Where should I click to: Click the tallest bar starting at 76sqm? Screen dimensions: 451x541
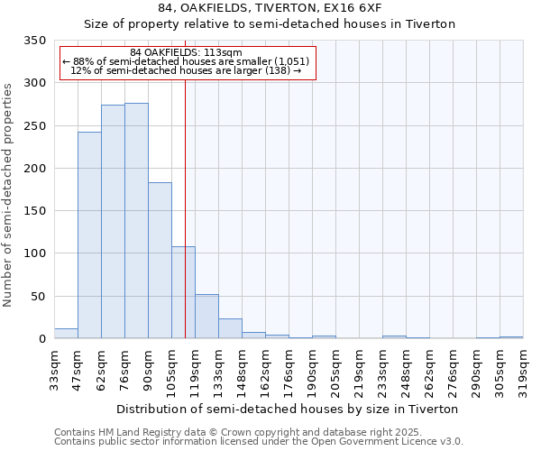click(x=136, y=221)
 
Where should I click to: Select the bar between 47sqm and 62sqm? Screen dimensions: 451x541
click(x=89, y=235)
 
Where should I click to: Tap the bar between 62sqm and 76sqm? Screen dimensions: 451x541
click(x=113, y=222)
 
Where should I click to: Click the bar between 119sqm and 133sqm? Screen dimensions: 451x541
click(x=206, y=317)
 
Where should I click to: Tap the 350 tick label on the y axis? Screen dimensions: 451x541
click(x=34, y=41)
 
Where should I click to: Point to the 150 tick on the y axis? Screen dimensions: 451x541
click(x=34, y=211)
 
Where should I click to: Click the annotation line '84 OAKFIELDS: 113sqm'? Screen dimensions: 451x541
click(x=186, y=52)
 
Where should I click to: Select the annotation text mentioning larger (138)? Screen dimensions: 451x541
click(x=186, y=70)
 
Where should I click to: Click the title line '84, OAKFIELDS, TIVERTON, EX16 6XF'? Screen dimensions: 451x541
click(x=270, y=8)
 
